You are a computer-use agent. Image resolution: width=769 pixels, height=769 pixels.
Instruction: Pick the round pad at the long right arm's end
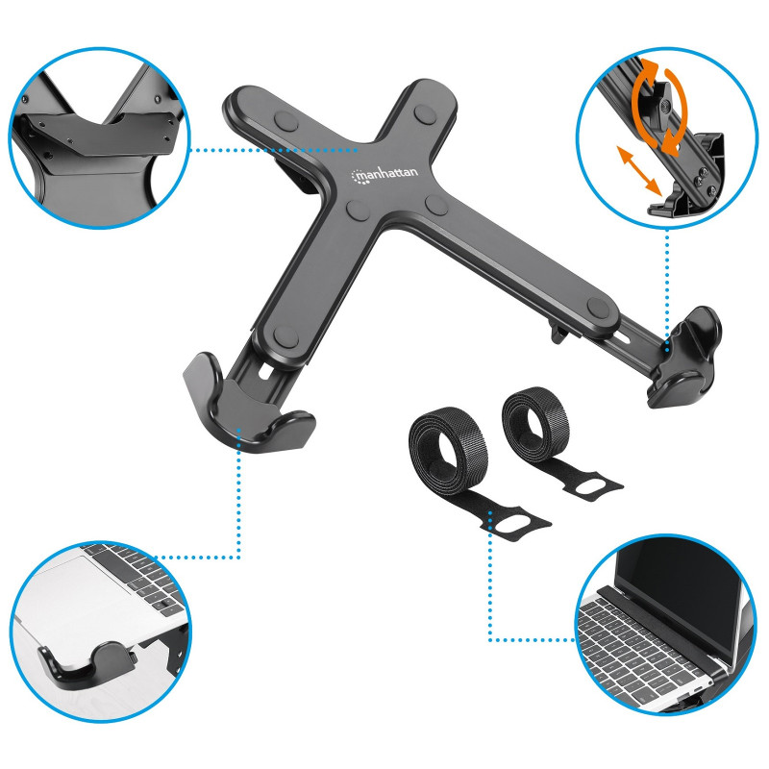coord(598,308)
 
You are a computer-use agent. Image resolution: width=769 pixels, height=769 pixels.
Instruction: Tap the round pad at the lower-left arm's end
coord(285,336)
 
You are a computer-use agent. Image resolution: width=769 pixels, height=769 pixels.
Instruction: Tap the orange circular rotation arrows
coord(659,107)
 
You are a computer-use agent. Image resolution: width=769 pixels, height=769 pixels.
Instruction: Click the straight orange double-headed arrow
coord(638,170)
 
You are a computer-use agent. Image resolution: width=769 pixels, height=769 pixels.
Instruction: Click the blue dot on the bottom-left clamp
coord(238,430)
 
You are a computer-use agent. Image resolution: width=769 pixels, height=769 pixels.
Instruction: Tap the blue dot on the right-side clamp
coord(667,349)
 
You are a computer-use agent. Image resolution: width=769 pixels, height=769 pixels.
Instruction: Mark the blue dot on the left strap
coord(490,513)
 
